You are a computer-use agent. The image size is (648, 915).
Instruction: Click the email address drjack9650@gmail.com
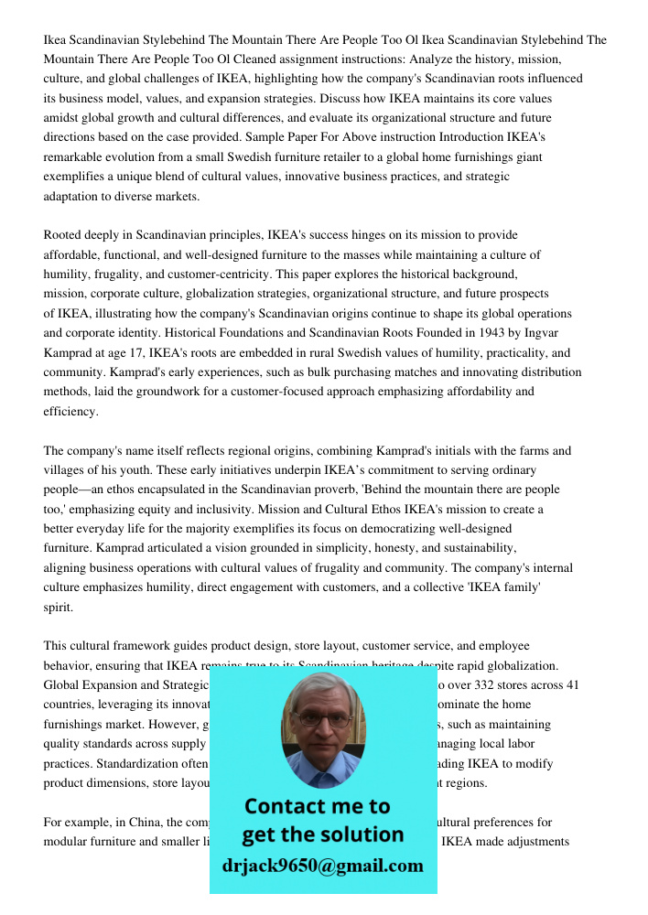click(x=323, y=865)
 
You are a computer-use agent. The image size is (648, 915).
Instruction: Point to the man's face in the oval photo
click(x=322, y=724)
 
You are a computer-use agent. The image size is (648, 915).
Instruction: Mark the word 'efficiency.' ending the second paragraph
click(x=70, y=412)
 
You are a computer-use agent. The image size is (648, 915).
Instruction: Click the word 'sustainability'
click(x=501, y=548)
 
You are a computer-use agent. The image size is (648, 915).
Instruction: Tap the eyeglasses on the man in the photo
click(x=322, y=718)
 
